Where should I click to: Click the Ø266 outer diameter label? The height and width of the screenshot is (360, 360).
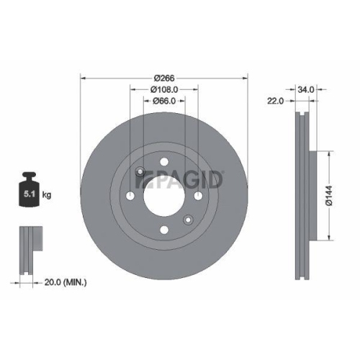pyautogui.click(x=166, y=78)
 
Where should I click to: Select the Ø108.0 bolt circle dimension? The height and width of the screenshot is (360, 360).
pyautogui.click(x=164, y=89)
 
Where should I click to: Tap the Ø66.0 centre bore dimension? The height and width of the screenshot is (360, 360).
pyautogui.click(x=165, y=102)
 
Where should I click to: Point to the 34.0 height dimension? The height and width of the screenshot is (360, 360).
pyautogui.click(x=306, y=89)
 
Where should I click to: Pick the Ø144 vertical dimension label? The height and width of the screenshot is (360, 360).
pyautogui.click(x=328, y=196)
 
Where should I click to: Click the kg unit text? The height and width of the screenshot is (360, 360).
pyautogui.click(x=47, y=195)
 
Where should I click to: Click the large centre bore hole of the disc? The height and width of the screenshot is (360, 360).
pyautogui.click(x=164, y=196)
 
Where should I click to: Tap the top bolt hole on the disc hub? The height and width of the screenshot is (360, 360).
pyautogui.click(x=164, y=161)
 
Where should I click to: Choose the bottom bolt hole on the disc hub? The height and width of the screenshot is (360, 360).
pyautogui.click(x=164, y=230)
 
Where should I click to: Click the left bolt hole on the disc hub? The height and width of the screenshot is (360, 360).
pyautogui.click(x=130, y=196)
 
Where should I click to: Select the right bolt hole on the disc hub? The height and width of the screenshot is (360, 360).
pyautogui.click(x=199, y=196)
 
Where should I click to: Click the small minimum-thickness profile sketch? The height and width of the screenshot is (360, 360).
pyautogui.click(x=27, y=251)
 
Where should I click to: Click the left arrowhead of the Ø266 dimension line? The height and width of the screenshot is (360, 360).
pyautogui.click(x=82, y=78)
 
